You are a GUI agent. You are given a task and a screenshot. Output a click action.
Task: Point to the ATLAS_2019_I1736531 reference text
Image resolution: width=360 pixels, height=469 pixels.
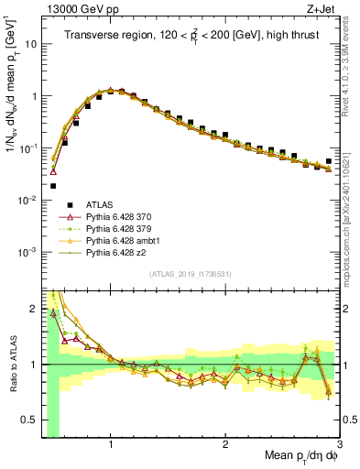pyautogui.click(x=189, y=274)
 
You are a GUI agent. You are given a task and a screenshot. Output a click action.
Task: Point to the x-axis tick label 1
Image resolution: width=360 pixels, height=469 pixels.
pyautogui.click(x=111, y=444)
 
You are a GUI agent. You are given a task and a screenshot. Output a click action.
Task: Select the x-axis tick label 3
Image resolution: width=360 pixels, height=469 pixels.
pyautogui.click(x=339, y=444)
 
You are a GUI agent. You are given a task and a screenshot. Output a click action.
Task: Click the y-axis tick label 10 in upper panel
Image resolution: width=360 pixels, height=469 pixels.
pyautogui.click(x=30, y=44)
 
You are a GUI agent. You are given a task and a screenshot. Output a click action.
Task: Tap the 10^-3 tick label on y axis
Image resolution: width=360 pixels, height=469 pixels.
pyautogui.click(x=27, y=251)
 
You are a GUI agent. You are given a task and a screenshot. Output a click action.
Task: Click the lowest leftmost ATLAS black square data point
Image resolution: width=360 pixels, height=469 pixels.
pyautogui.click(x=53, y=212)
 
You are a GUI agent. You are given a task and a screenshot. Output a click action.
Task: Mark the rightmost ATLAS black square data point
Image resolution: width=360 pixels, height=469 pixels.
pyautogui.click(x=329, y=161)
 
